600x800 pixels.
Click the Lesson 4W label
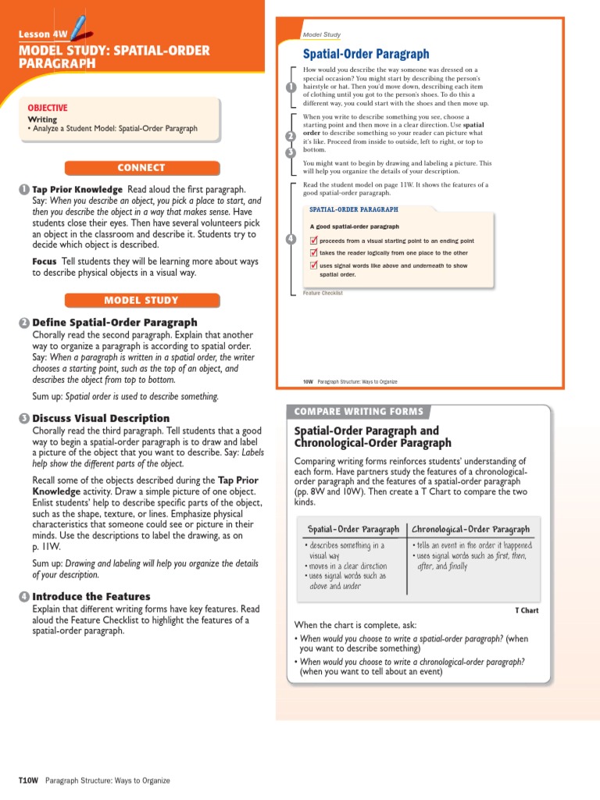tap(43, 34)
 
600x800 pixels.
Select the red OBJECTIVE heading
tap(48, 108)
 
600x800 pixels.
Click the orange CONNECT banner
tap(141, 167)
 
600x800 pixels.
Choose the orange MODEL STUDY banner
tap(141, 300)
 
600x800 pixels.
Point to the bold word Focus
tap(44, 261)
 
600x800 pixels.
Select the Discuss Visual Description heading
tap(100, 418)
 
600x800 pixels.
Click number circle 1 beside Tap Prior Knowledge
tap(24, 190)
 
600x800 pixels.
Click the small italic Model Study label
tap(322, 35)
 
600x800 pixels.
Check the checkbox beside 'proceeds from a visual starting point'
tap(313, 241)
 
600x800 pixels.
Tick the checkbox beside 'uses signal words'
tap(313, 266)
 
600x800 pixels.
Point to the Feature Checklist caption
tap(323, 293)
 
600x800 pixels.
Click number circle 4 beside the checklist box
tap(291, 238)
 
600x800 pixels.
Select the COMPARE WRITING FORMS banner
tap(359, 412)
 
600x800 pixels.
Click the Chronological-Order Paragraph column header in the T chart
tap(470, 529)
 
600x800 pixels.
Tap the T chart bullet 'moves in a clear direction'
tap(347, 566)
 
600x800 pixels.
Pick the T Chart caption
tap(527, 610)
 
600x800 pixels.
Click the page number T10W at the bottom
tap(28, 780)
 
